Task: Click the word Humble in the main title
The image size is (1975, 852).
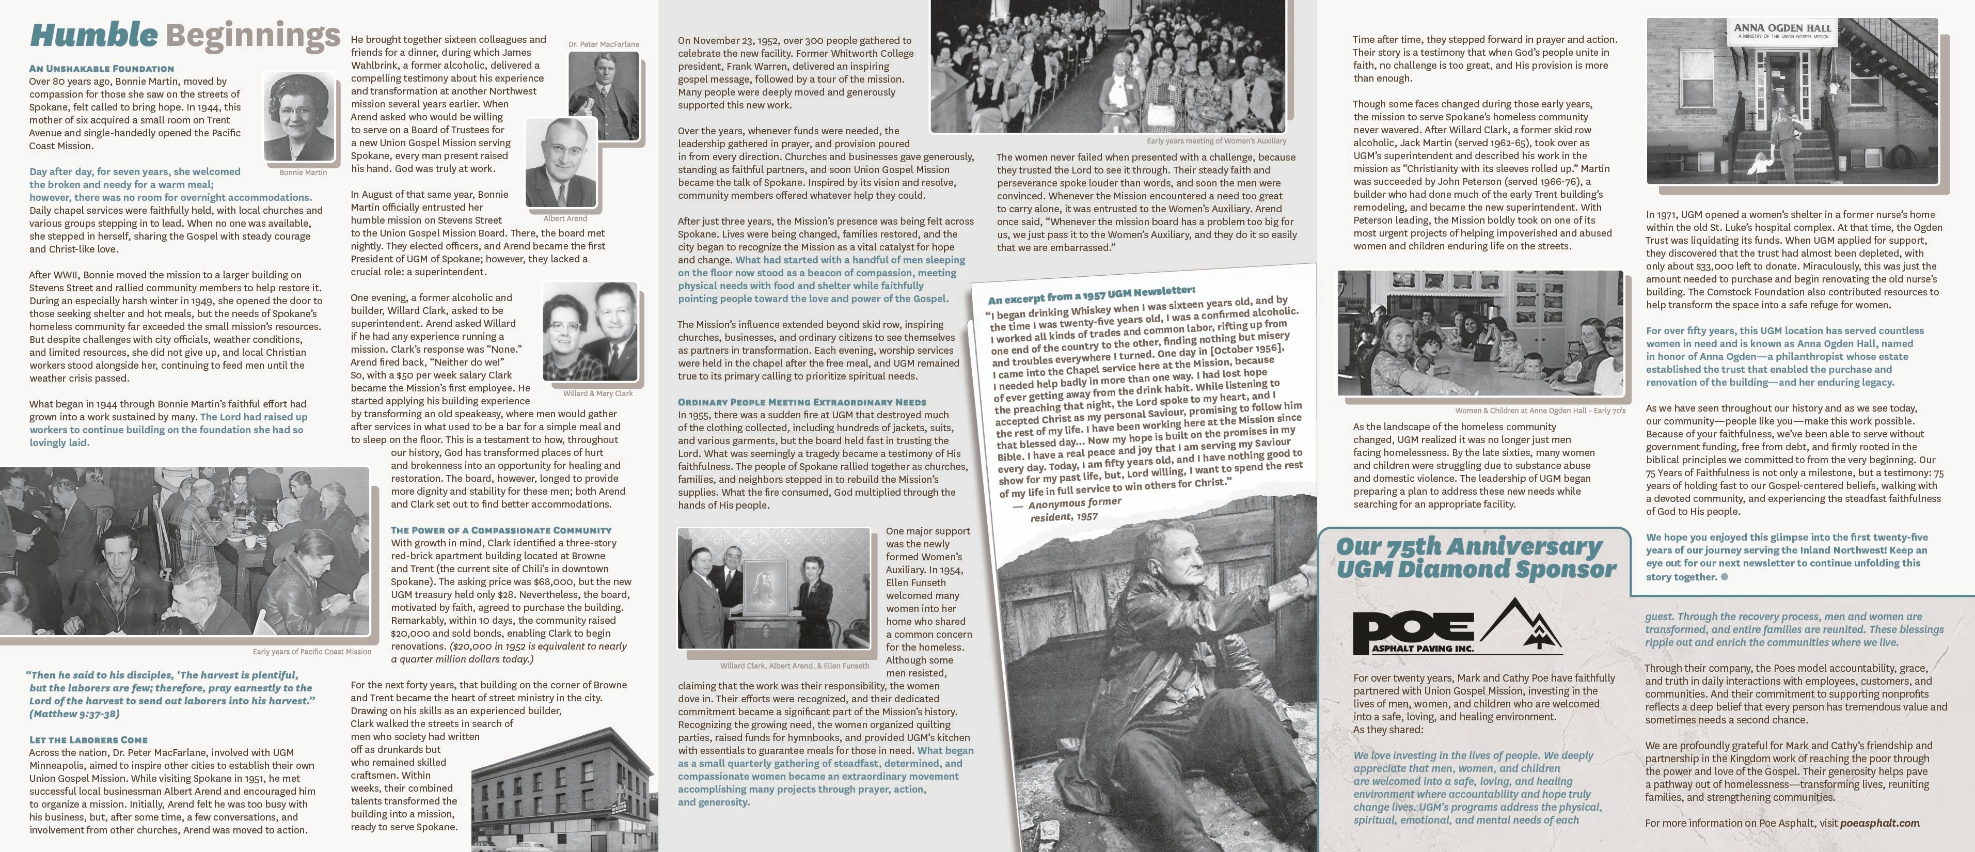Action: [93, 35]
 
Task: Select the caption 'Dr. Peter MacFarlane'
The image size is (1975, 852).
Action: [604, 44]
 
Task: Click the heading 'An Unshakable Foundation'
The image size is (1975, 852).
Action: [101, 68]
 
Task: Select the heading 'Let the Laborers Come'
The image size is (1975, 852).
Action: [88, 740]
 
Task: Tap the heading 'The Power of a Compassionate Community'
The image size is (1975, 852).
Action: [501, 530]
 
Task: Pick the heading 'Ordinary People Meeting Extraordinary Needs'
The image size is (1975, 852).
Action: [801, 402]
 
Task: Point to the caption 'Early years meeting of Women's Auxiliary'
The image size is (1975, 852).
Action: [1216, 141]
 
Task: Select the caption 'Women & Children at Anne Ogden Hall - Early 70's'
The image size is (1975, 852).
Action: [1540, 411]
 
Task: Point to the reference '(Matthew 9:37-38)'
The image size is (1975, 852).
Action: [74, 714]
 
